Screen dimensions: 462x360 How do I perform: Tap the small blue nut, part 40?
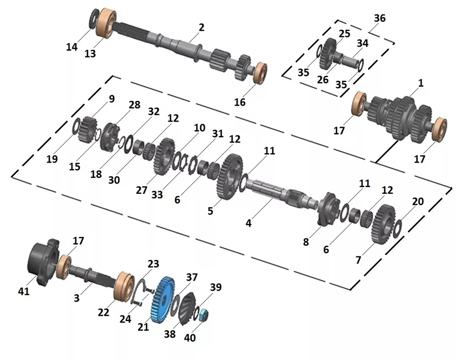pyautogui.click(x=203, y=315)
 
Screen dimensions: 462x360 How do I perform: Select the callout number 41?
pyautogui.click(x=24, y=291)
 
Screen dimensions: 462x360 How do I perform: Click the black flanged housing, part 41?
pyautogui.click(x=44, y=262)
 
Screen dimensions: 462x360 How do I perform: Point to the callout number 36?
pyautogui.click(x=379, y=18)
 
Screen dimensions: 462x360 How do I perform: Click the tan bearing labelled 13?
pyautogui.click(x=106, y=24)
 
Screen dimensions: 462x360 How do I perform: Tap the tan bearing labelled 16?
pyautogui.click(x=260, y=73)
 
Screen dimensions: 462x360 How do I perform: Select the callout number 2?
pyautogui.click(x=201, y=27)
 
